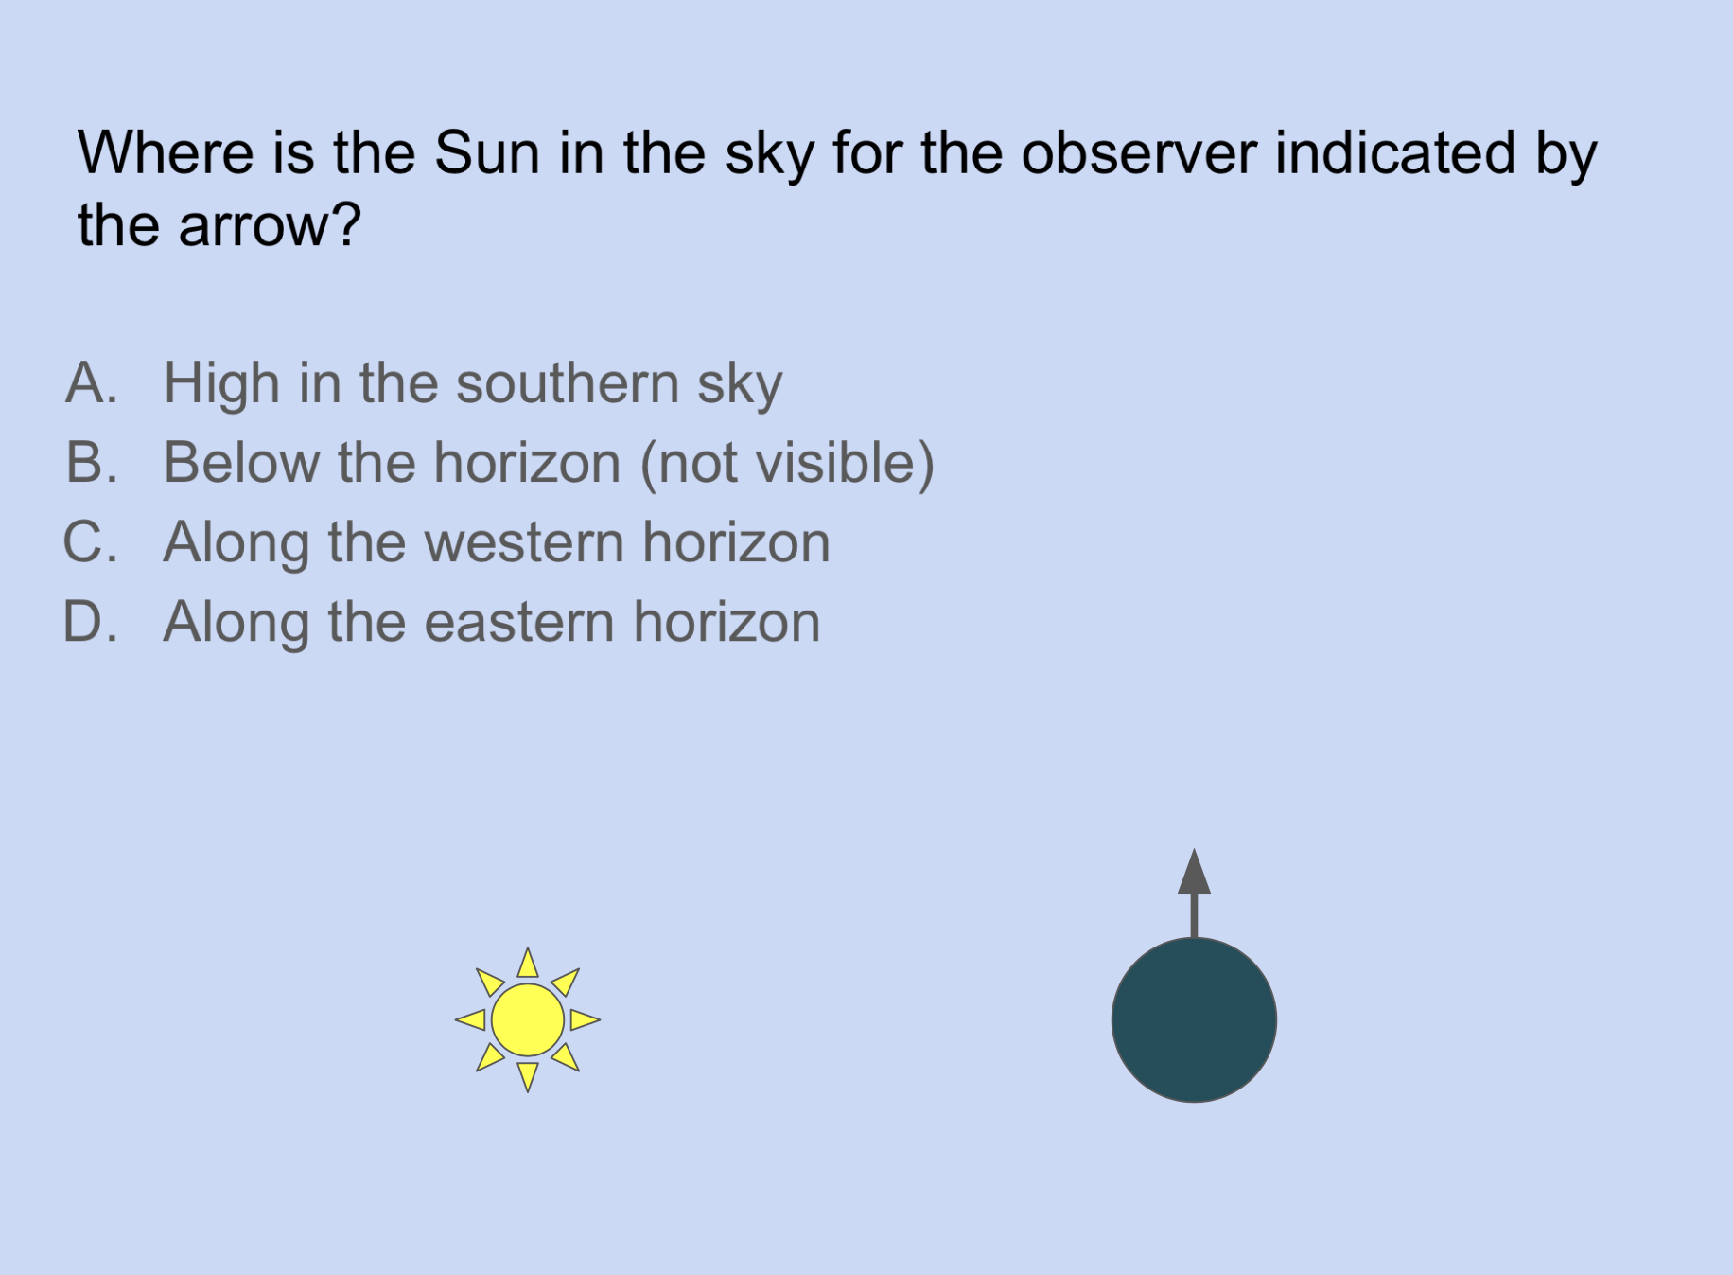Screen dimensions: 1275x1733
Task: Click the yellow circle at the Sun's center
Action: [528, 1019]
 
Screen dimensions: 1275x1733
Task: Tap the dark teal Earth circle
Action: [1194, 1019]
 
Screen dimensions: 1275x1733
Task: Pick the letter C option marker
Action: [91, 542]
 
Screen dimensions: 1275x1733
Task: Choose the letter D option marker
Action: [91, 622]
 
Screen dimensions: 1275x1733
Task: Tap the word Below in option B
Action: [242, 463]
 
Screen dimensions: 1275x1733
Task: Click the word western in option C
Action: [524, 542]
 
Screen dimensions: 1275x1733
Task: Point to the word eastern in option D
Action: [519, 622]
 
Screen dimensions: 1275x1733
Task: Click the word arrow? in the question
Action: [270, 226]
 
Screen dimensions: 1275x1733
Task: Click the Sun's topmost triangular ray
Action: [528, 964]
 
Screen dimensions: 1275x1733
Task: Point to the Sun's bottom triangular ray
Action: [528, 1075]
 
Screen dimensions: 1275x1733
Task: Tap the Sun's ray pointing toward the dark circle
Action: [584, 1019]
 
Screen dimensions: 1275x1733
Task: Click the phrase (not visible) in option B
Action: [787, 463]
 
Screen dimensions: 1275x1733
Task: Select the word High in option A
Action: [221, 383]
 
